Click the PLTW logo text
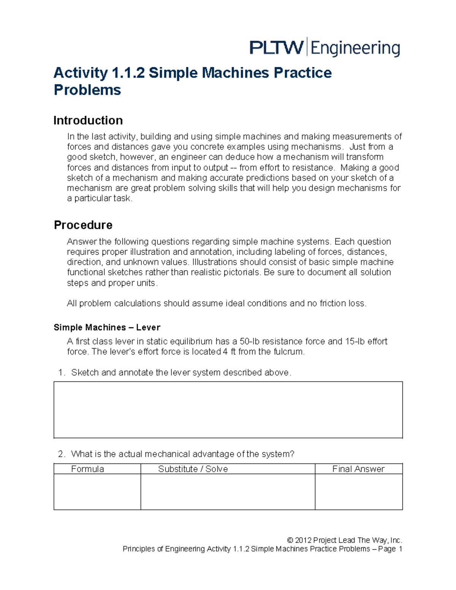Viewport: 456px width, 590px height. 276,48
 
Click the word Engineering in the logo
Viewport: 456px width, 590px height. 355,49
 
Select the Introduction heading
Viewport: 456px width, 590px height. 88,120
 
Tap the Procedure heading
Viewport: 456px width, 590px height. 83,225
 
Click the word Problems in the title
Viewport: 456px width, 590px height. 87,90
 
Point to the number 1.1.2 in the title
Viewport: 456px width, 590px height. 128,73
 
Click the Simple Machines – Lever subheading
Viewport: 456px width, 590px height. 107,327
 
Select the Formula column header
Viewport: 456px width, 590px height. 87,469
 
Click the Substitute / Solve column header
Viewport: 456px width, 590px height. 193,469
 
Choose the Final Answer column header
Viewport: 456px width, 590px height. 358,469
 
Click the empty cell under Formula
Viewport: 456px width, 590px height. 97,492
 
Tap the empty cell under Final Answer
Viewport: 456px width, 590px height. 359,492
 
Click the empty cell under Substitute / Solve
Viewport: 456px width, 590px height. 228,492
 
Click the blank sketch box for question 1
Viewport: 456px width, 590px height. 228,410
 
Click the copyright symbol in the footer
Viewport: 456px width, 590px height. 290,540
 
